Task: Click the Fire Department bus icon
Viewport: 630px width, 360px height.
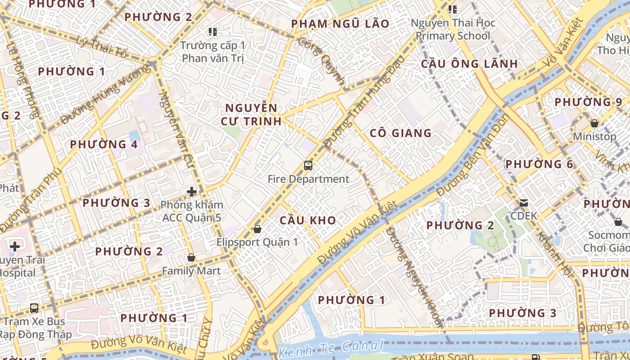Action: coord(308,166)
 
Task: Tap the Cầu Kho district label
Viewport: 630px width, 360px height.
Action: coord(308,220)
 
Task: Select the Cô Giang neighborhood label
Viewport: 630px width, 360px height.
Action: coord(400,133)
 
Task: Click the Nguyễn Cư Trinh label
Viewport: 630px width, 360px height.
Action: coord(251,114)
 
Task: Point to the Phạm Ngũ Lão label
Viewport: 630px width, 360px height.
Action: coord(340,24)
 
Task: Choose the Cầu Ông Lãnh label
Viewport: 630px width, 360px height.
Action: coord(469,64)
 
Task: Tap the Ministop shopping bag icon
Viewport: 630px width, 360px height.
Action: coord(594,123)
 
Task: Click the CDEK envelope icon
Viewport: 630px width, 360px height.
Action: coord(524,203)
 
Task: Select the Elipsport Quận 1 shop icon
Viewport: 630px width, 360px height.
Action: coord(257,229)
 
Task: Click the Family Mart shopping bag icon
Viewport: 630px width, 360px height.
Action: coord(191,258)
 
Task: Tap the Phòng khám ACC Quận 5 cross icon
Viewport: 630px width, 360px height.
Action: coord(192,192)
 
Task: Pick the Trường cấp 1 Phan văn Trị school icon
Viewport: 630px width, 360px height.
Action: coord(213,32)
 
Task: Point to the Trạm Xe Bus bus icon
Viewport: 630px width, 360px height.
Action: coord(34,308)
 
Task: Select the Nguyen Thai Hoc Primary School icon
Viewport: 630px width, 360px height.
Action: coord(453,9)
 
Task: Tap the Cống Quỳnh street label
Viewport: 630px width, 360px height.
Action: coord(321,61)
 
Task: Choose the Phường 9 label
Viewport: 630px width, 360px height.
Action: coord(589,102)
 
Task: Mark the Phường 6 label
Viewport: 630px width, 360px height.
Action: coord(539,164)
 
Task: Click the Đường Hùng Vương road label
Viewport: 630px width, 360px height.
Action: coord(106,94)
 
